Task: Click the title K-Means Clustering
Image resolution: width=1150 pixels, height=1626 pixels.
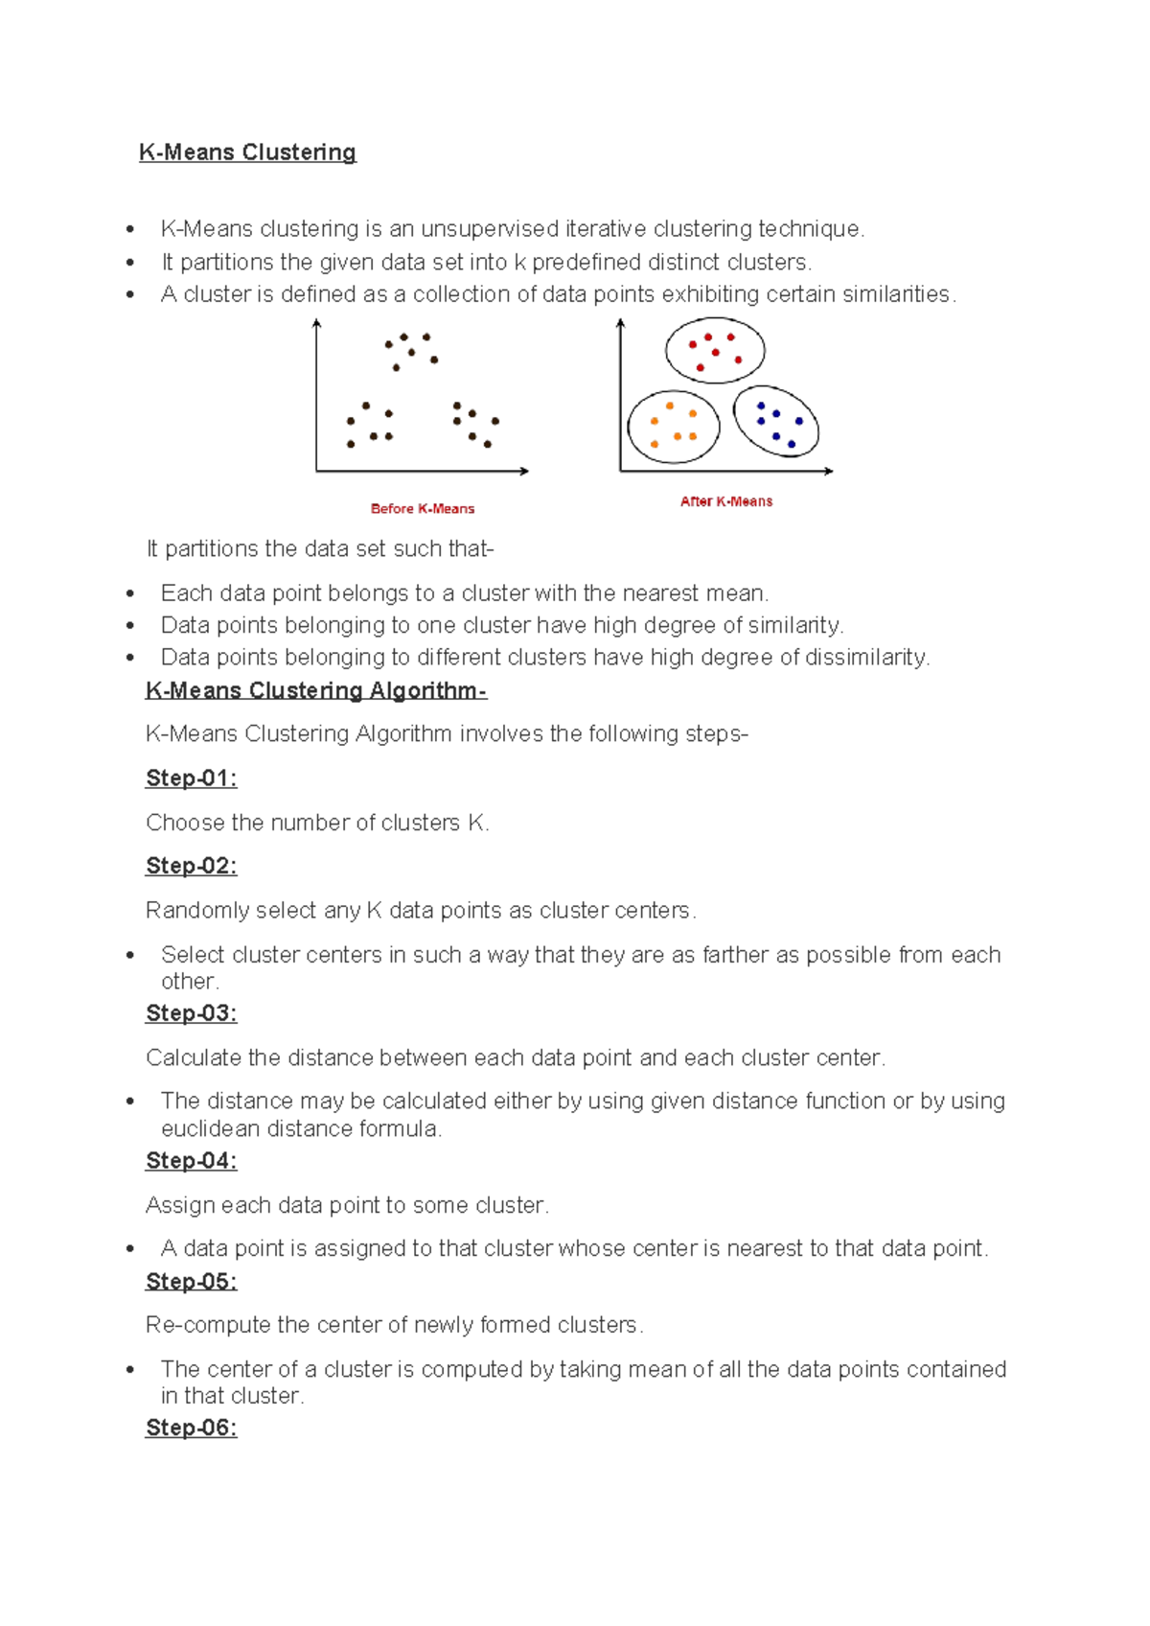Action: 247,152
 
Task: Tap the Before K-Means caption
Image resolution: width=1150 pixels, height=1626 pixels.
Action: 423,509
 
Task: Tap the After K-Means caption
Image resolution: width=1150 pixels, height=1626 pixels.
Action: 726,501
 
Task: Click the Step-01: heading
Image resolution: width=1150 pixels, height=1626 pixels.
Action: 191,778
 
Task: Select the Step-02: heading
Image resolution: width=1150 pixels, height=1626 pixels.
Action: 191,866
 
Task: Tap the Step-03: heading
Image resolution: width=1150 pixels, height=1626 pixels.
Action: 191,1013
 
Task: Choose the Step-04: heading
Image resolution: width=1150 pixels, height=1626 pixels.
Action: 191,1161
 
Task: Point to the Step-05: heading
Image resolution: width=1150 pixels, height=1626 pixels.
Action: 191,1282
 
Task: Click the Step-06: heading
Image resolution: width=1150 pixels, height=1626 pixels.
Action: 191,1429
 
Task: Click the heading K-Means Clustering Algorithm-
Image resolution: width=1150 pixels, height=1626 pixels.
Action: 316,691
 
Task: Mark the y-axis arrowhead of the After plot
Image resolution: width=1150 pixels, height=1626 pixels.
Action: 621,324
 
